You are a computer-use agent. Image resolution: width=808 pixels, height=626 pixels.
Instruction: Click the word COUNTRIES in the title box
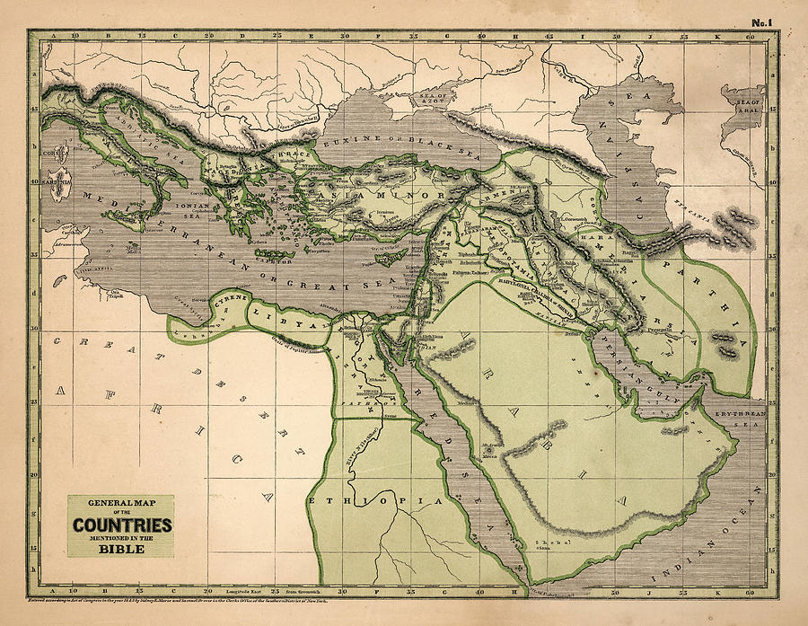(121, 525)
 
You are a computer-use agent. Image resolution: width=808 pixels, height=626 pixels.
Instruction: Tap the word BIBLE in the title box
(121, 549)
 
